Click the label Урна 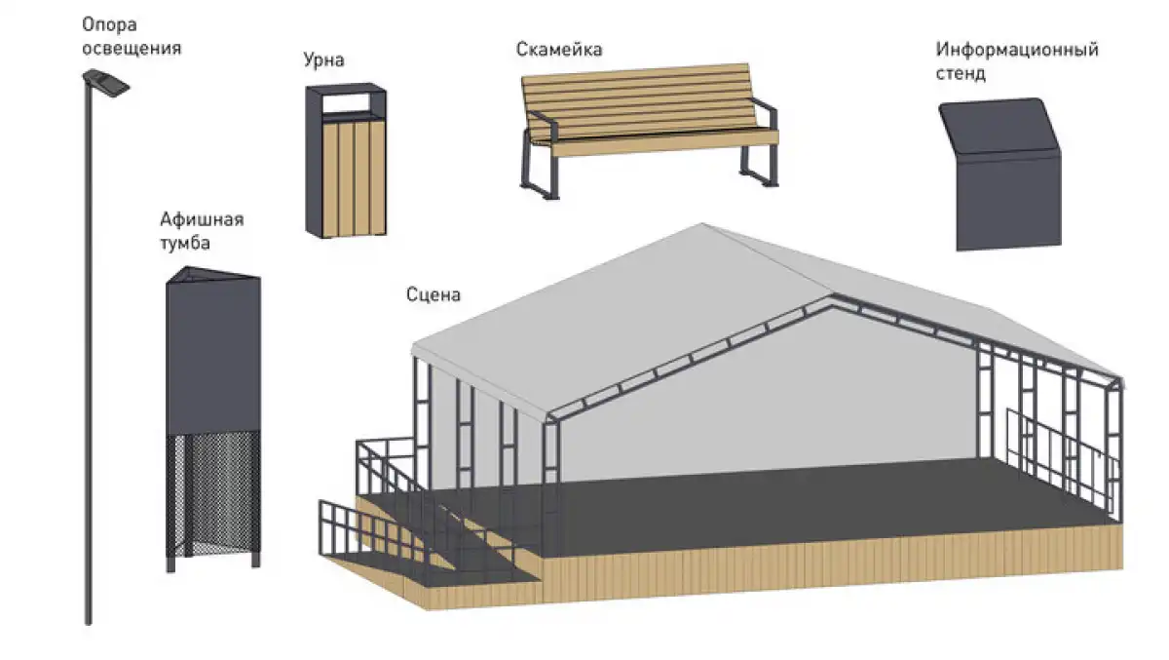pyautogui.click(x=323, y=60)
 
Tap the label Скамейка pyautogui.click(x=559, y=50)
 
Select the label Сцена pyautogui.click(x=434, y=295)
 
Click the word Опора pyautogui.click(x=109, y=25)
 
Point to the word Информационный pyautogui.click(x=1017, y=50)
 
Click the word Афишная pyautogui.click(x=202, y=219)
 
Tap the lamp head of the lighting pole pyautogui.click(x=106, y=83)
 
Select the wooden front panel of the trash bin pyautogui.click(x=354, y=178)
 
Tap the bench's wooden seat pyautogui.click(x=658, y=142)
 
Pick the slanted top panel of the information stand pyautogui.click(x=999, y=126)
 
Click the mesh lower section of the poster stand pyautogui.click(x=213, y=493)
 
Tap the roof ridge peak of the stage pyautogui.click(x=702, y=224)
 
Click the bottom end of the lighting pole pyautogui.click(x=89, y=621)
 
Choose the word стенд pyautogui.click(x=961, y=74)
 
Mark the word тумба pyautogui.click(x=185, y=244)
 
